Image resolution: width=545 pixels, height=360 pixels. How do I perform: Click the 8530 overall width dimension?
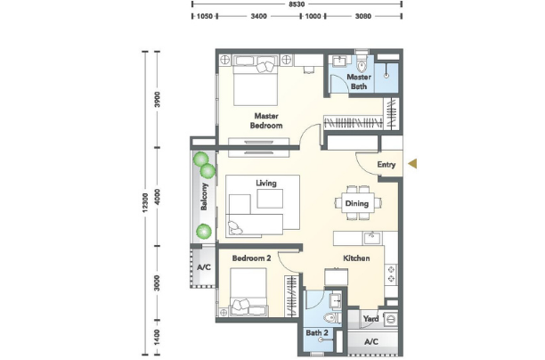tap(297, 4)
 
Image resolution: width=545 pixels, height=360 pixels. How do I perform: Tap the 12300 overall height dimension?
tap(145, 202)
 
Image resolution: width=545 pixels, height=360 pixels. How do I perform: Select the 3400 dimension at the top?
tap(259, 16)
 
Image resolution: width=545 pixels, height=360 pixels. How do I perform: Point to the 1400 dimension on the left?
tap(158, 338)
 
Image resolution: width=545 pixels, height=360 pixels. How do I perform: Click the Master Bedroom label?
tap(266, 120)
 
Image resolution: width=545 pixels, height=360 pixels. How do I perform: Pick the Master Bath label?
tap(359, 81)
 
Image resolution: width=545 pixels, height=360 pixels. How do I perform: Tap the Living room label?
tap(266, 183)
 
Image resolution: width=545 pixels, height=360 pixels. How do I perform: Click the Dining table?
tap(357, 203)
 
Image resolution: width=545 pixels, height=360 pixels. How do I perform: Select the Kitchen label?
tap(356, 258)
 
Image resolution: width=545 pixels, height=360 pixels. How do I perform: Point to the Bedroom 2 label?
tap(251, 258)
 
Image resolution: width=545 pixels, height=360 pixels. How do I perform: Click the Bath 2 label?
tap(317, 333)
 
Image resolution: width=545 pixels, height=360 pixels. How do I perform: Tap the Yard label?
tap(370, 319)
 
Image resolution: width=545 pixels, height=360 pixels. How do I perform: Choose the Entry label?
tap(386, 164)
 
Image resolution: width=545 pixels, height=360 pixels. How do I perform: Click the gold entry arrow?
tap(412, 163)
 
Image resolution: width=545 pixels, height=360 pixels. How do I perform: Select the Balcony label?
tap(204, 197)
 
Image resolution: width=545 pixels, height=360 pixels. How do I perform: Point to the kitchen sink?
tap(372, 239)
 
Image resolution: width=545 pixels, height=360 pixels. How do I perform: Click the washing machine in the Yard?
tap(391, 320)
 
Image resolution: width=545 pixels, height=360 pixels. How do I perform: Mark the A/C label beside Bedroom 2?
tap(204, 267)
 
